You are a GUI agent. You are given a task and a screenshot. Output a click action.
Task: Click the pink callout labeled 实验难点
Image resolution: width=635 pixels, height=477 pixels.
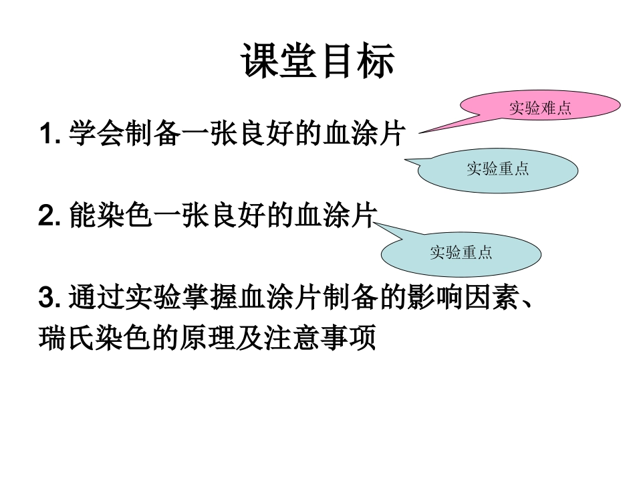click(x=540, y=108)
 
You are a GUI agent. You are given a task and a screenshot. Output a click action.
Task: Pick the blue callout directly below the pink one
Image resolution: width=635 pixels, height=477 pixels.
click(x=498, y=169)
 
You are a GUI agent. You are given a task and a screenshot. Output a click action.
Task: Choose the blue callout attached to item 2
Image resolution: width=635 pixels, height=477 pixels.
click(x=461, y=253)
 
